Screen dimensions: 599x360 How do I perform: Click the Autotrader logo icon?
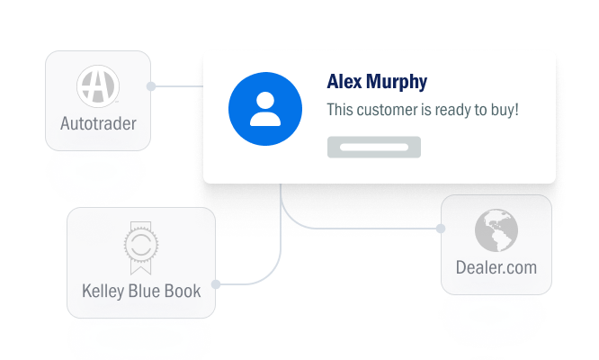tap(98, 86)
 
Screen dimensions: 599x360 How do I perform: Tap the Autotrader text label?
tap(98, 123)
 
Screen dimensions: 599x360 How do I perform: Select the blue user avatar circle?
tap(265, 109)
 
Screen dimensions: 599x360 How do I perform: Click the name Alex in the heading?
tap(344, 81)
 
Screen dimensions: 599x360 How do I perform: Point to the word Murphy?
tap(397, 82)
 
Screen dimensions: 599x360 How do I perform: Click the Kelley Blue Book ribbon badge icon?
tap(141, 247)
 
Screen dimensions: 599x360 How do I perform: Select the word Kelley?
tap(103, 292)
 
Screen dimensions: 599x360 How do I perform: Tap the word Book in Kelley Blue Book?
tap(183, 291)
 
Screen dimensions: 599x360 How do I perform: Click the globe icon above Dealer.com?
tap(496, 230)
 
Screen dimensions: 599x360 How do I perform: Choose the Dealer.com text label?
tap(496, 267)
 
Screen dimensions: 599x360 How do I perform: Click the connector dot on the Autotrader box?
tap(151, 86)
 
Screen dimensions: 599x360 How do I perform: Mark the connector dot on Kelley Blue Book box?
tap(216, 284)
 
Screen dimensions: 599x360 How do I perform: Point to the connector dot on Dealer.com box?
tap(441, 229)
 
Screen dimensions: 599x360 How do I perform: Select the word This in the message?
tap(340, 110)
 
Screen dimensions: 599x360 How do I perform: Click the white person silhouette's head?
tap(265, 101)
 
